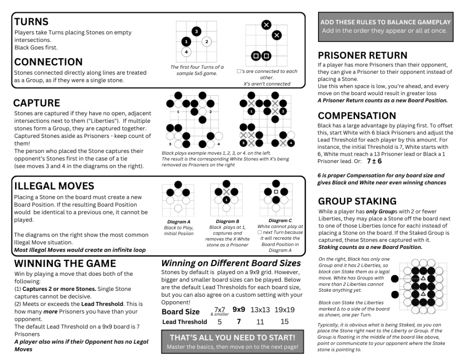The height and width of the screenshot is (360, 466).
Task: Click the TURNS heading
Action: point(31,21)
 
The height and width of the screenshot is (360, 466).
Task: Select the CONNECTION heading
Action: point(48,62)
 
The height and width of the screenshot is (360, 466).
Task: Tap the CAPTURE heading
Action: point(36,103)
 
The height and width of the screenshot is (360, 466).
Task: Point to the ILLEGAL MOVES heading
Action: point(54,186)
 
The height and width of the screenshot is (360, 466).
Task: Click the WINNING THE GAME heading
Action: point(65,264)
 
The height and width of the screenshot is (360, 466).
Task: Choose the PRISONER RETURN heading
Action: point(362,55)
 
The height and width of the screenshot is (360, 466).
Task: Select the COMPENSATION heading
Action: point(357,116)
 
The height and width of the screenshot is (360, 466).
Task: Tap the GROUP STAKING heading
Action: point(357,201)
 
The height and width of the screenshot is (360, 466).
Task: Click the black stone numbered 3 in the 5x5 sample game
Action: point(196,31)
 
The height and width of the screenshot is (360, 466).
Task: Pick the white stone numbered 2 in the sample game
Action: point(206,42)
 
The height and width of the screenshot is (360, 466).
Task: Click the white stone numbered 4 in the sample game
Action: point(186,52)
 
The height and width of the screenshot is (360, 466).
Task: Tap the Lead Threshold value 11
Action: point(260,322)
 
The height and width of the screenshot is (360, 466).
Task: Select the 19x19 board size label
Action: point(284,310)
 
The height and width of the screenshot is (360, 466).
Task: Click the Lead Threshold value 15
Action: point(284,322)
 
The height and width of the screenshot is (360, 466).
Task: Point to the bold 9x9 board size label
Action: point(239,309)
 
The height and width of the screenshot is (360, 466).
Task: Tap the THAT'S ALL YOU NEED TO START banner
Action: point(232,341)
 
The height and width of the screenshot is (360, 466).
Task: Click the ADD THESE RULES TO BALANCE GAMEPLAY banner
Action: point(385,26)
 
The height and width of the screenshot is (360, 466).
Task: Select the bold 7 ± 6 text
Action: point(374,161)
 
